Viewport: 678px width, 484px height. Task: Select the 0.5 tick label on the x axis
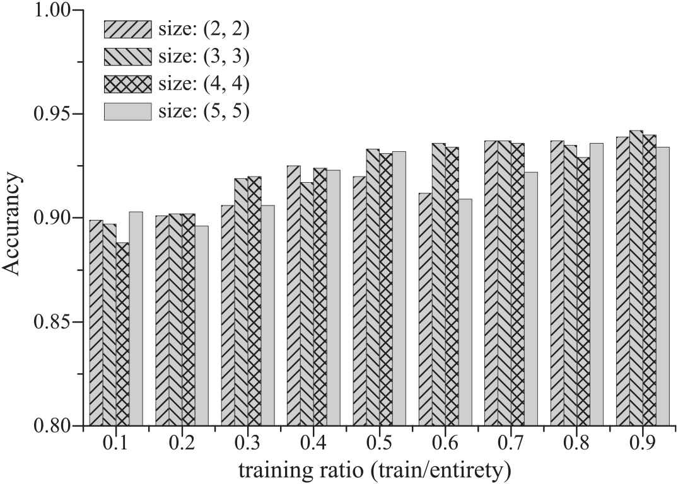[x=380, y=444]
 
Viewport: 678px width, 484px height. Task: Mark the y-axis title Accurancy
[x=13, y=218]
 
